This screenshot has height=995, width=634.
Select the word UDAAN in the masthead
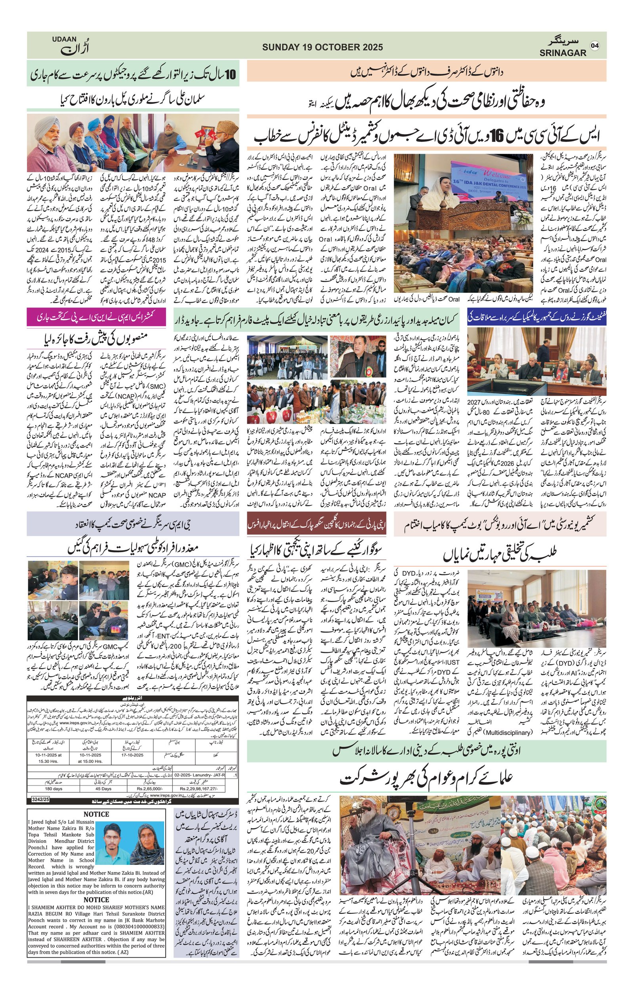(x=64, y=39)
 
